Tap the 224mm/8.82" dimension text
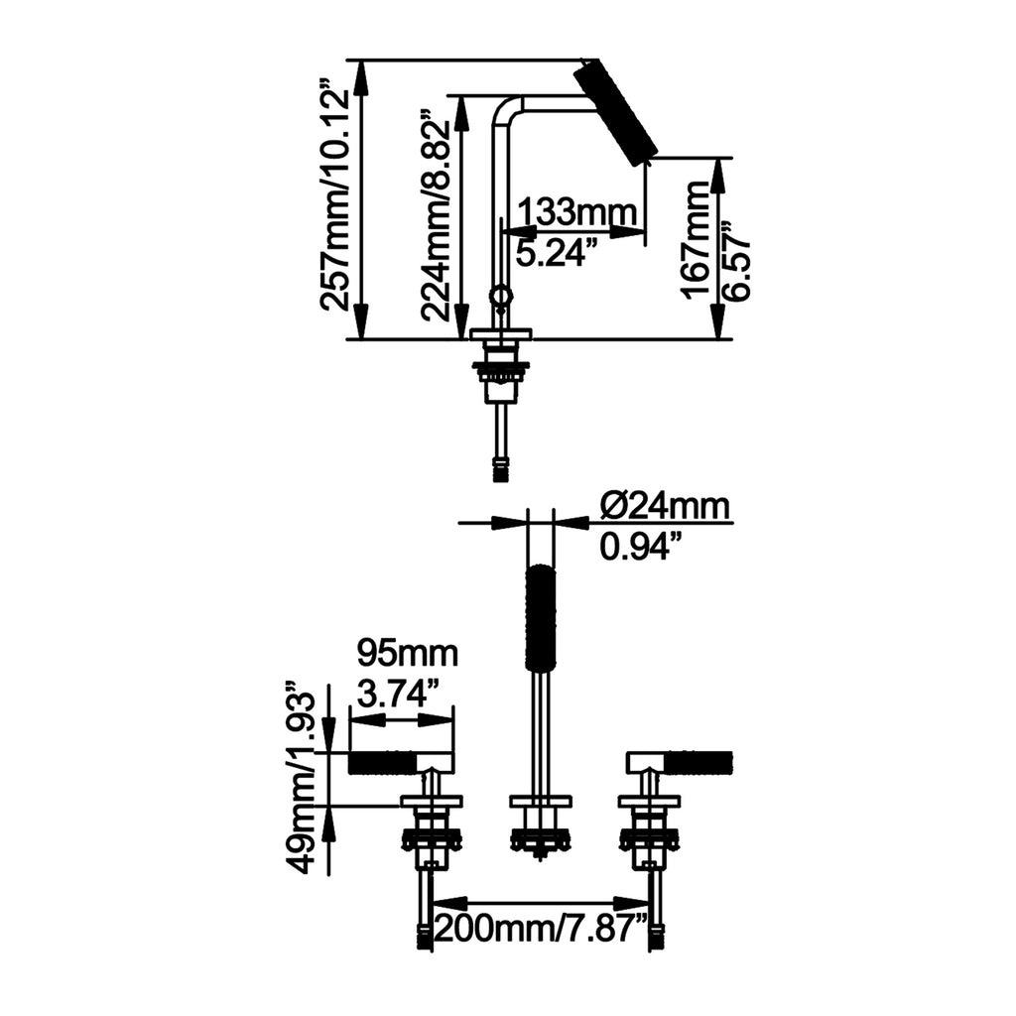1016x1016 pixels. (435, 219)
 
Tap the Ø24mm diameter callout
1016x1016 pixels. (665, 506)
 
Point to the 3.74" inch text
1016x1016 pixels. (398, 696)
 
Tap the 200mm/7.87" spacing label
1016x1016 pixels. (541, 931)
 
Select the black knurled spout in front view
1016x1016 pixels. (540, 616)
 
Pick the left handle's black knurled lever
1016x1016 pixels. (382, 763)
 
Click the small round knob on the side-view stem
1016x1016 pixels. (500, 296)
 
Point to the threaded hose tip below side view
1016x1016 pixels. (500, 470)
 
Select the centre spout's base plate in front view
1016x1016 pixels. (541, 802)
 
